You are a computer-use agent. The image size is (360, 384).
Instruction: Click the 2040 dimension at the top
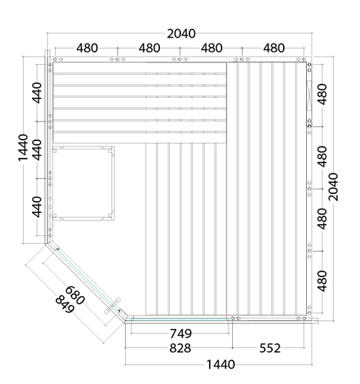click(x=181, y=34)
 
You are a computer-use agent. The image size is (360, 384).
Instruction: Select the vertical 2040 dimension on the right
click(x=333, y=187)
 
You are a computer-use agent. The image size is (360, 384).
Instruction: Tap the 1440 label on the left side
click(x=23, y=148)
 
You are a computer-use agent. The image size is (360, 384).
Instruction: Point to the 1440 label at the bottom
click(x=221, y=364)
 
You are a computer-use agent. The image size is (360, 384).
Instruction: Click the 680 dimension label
click(x=75, y=295)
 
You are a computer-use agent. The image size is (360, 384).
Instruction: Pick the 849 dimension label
click(x=64, y=304)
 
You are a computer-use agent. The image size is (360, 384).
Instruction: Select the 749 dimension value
click(x=181, y=334)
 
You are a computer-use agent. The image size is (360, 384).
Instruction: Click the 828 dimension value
click(x=180, y=348)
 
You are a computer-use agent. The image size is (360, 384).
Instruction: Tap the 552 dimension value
click(x=270, y=348)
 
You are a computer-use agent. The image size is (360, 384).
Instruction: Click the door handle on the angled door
click(x=113, y=306)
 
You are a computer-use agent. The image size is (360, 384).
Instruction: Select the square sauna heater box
click(x=83, y=183)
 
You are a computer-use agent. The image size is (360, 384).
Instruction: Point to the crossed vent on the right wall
click(x=309, y=96)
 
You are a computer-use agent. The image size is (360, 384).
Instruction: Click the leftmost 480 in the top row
click(x=87, y=48)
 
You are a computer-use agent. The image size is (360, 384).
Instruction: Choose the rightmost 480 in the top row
click(x=274, y=48)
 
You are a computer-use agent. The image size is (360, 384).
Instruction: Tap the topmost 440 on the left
click(x=37, y=93)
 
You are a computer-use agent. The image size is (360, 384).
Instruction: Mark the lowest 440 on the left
click(x=37, y=207)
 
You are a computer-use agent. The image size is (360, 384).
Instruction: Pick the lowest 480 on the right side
click(x=322, y=281)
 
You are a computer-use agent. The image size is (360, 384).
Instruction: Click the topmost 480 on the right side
click(x=322, y=94)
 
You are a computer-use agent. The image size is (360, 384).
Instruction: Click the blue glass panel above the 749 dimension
click(x=180, y=319)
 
